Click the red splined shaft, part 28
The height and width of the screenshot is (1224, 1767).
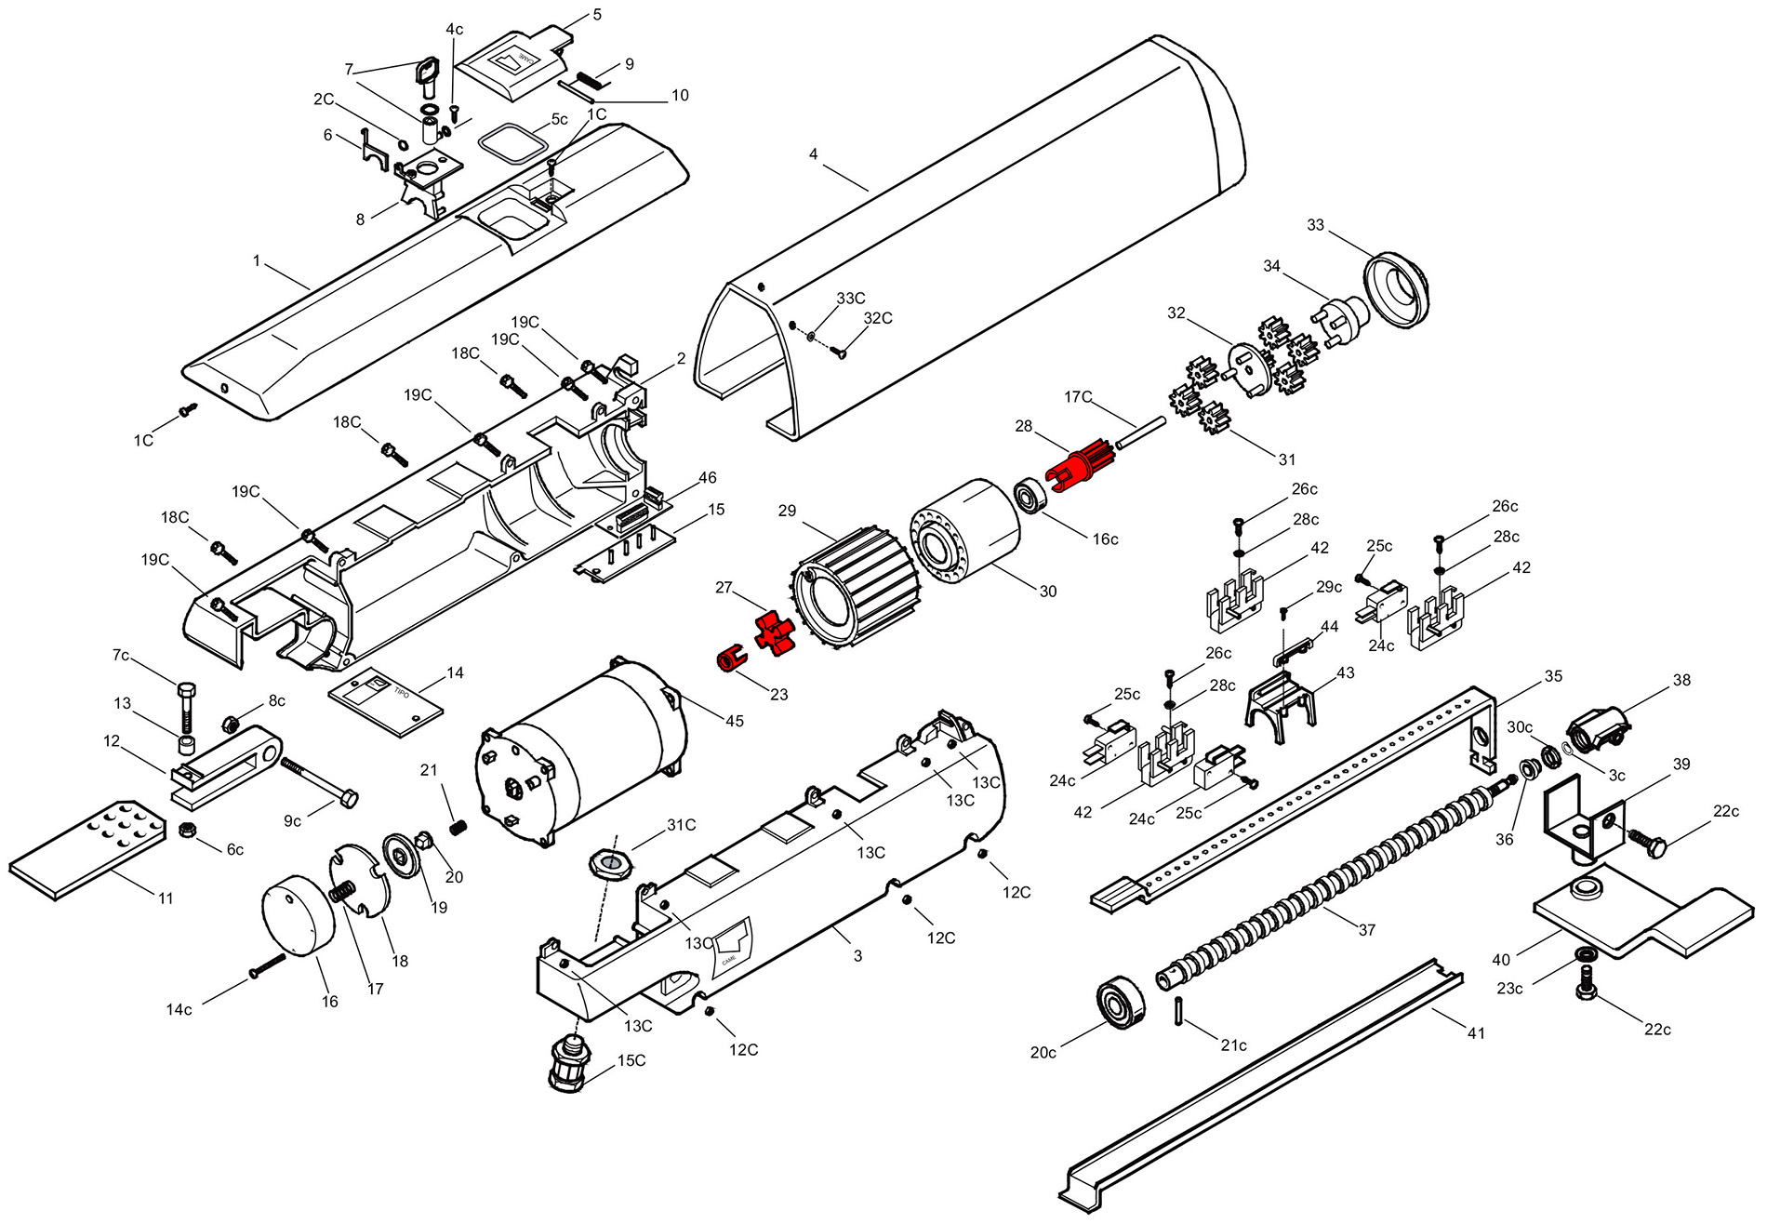[1081, 464]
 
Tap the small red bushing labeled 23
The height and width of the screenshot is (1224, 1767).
[732, 658]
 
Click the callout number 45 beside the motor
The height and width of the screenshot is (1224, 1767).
[735, 721]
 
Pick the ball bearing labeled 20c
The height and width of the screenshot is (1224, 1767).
[1123, 1002]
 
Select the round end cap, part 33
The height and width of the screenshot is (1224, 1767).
[1396, 287]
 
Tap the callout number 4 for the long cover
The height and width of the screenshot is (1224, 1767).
[814, 153]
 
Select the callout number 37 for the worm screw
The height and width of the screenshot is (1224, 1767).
[1366, 929]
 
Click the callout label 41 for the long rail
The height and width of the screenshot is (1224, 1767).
[1476, 1033]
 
